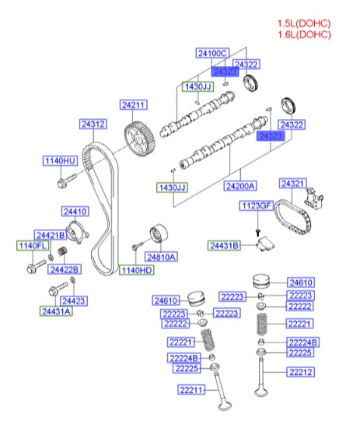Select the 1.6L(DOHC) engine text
pos(305,34)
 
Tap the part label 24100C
pos(211,53)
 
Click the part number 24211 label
pos(133,104)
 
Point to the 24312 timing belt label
pos(93,124)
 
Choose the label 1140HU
pos(59,161)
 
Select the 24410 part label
pos(75,210)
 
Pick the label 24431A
pos(56,311)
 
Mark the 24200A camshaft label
pos(240,187)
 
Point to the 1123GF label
pos(256,206)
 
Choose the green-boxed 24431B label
pos(225,245)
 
